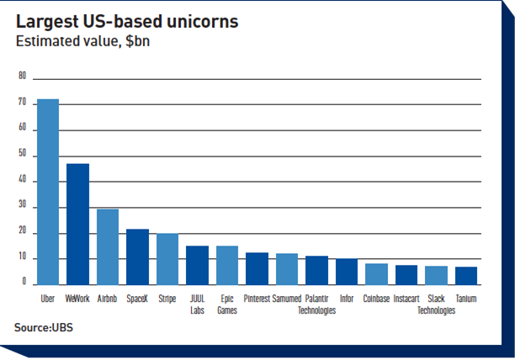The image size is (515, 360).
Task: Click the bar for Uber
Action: [48, 192]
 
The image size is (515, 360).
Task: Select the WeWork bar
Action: [77, 224]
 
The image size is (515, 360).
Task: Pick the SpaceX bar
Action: [137, 257]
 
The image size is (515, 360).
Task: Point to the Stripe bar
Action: [167, 259]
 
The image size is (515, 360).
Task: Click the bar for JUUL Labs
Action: [197, 265]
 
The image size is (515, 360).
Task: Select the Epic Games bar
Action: [227, 265]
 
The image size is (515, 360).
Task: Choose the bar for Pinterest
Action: [257, 268]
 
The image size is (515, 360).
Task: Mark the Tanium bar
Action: [466, 276]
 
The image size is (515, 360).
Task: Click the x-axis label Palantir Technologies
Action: [316, 304]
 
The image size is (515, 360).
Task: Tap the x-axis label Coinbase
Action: [376, 299]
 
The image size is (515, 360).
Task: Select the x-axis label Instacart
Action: [406, 299]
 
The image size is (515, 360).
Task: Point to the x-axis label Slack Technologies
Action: [436, 304]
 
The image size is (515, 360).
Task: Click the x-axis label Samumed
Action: [287, 299]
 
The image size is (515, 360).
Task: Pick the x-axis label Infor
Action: [347, 299]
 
